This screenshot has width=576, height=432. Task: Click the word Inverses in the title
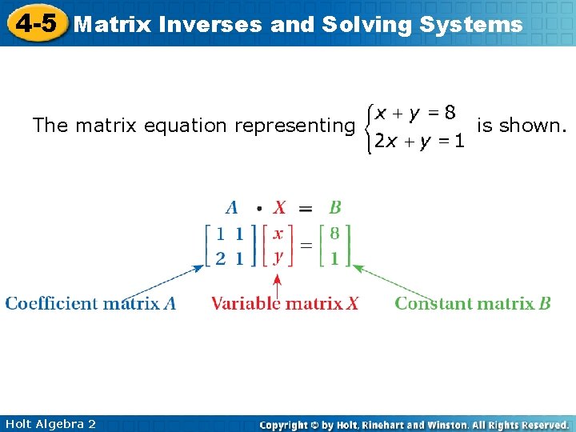[x=210, y=24]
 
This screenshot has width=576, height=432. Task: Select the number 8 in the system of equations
[x=450, y=113]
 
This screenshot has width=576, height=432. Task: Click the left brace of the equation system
[x=366, y=126]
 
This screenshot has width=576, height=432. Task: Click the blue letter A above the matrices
[x=232, y=208]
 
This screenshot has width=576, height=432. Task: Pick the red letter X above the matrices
[x=279, y=208]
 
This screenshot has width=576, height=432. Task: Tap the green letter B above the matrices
[x=334, y=208]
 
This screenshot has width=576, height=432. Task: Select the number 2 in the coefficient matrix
[x=220, y=258]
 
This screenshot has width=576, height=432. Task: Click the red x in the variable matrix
[x=278, y=234]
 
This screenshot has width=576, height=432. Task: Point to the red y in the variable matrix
[x=278, y=258]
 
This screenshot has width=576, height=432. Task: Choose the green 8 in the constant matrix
[x=334, y=234]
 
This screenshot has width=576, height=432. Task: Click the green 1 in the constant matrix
[x=334, y=258]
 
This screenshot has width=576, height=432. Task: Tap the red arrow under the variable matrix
[x=278, y=284]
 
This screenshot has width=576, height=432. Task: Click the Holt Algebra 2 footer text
[x=50, y=423]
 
